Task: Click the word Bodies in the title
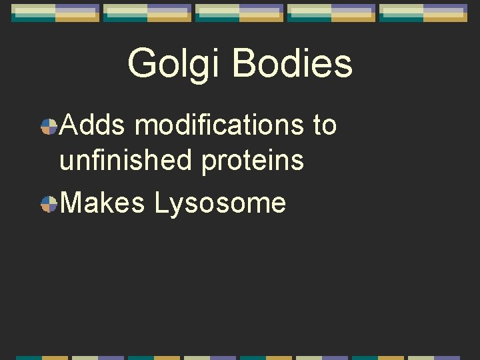(x=293, y=64)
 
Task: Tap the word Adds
(x=93, y=125)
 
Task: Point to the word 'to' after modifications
(x=324, y=125)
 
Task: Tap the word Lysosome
(x=220, y=203)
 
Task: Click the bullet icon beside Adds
(x=49, y=126)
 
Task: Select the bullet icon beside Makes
(x=49, y=204)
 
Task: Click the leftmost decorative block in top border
(x=55, y=13)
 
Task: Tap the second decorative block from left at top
(x=147, y=13)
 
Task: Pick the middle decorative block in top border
(x=239, y=13)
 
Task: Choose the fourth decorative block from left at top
(x=331, y=13)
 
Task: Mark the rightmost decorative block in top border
(x=423, y=13)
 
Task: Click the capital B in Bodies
(x=245, y=64)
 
